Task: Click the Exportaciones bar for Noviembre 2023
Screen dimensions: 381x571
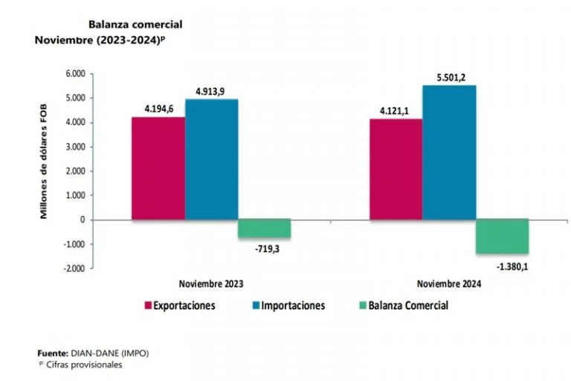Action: tap(158, 168)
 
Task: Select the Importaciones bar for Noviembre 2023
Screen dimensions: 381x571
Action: tap(211, 159)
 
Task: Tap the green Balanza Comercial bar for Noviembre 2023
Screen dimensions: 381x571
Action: tap(264, 228)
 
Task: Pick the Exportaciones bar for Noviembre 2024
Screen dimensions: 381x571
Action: tap(396, 169)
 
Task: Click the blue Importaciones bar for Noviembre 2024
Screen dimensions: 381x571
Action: tap(449, 153)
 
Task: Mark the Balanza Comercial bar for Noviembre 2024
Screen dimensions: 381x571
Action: tap(502, 237)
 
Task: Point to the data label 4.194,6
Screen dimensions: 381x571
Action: tap(160, 109)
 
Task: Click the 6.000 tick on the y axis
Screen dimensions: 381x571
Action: tap(76, 74)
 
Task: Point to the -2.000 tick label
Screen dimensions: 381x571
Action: tap(75, 268)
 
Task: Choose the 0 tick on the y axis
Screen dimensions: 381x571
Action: tap(83, 220)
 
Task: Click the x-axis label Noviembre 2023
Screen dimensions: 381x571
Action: tap(211, 284)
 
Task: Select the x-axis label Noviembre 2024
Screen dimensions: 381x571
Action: tap(448, 284)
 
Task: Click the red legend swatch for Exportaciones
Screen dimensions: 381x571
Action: tap(148, 305)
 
